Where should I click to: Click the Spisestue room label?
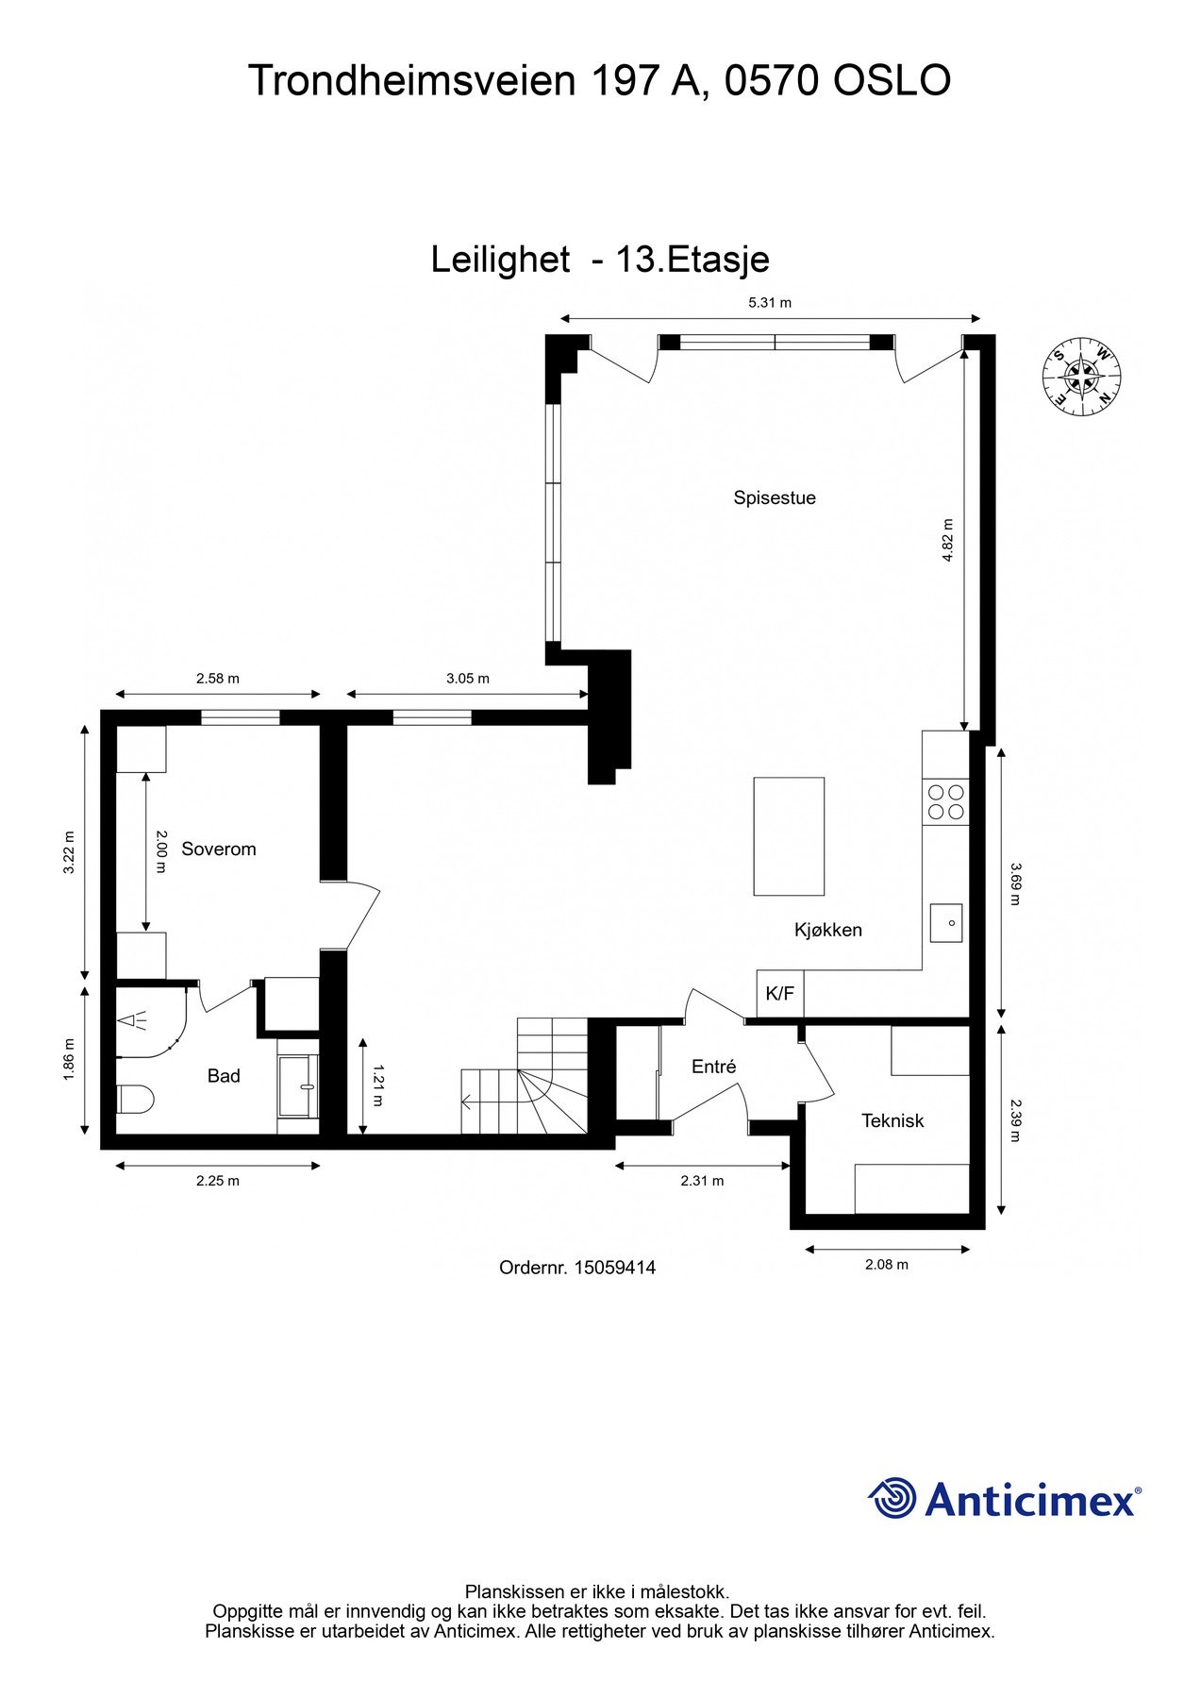pos(774,497)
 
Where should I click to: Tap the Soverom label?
pos(218,849)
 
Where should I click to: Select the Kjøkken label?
pos(827,930)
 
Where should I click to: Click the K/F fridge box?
pos(779,993)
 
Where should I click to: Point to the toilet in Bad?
pos(135,1099)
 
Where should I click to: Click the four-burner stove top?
pos(945,801)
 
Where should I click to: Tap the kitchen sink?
pos(945,922)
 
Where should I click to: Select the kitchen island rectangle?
pos(788,835)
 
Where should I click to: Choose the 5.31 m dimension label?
pos(769,303)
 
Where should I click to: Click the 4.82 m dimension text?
pos(947,540)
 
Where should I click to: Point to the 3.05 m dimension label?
pos(467,678)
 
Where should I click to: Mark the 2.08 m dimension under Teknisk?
pos(886,1264)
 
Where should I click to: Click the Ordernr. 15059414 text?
pos(576,1268)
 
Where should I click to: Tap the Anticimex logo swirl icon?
pos(892,1498)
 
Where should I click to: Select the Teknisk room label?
pos(892,1120)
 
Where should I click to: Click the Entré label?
pos(713,1067)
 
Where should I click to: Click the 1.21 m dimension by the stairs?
pos(377,1085)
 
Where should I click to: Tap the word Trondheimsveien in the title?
pos(411,81)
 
